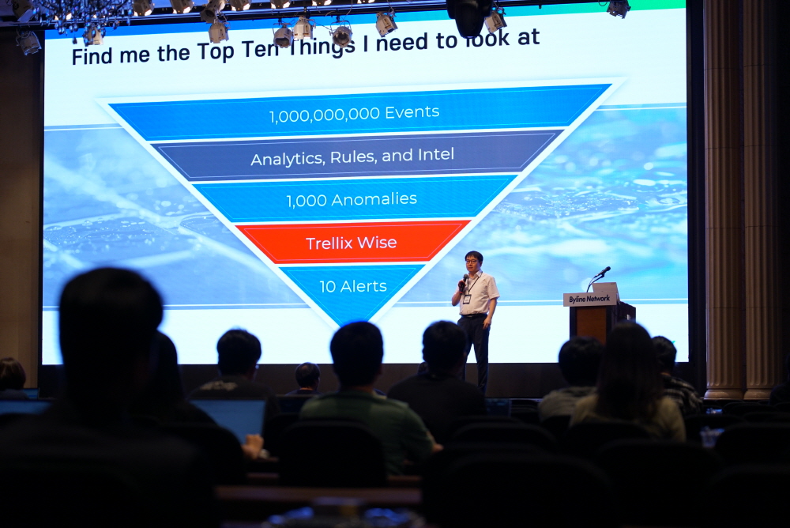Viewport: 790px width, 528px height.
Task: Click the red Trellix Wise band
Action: [352, 242]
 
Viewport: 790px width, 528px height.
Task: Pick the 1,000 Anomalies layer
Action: [352, 199]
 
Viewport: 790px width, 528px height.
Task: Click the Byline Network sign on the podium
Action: [589, 299]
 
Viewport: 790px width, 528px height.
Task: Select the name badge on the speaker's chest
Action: [467, 299]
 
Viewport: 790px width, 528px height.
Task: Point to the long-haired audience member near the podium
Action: [630, 383]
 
